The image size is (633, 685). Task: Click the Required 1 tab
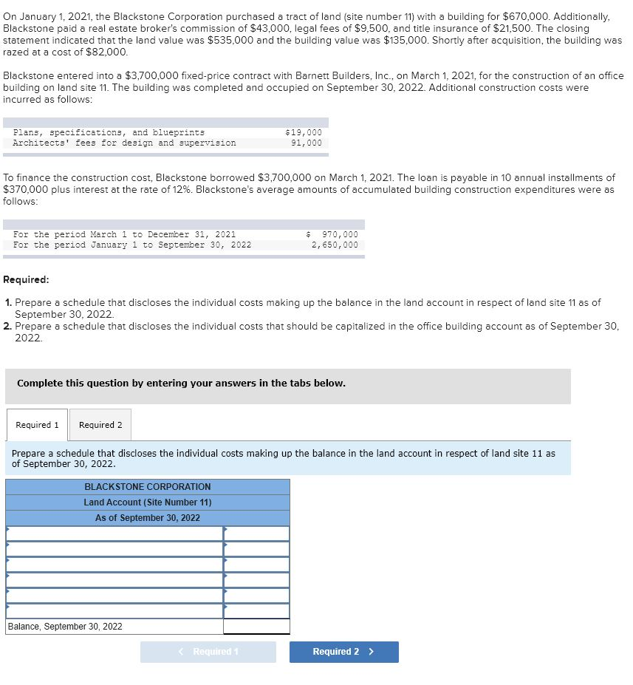click(x=37, y=425)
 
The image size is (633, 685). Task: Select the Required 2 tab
click(x=100, y=425)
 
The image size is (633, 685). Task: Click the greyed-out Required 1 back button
click(x=208, y=652)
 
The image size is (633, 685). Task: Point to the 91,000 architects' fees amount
click(x=307, y=143)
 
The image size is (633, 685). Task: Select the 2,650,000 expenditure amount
click(x=335, y=245)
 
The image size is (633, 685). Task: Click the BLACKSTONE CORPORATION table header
click(x=148, y=487)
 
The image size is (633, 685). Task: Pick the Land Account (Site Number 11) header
click(x=148, y=502)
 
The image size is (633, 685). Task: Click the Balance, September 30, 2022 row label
click(x=65, y=627)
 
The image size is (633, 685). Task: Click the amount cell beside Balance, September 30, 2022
click(x=256, y=627)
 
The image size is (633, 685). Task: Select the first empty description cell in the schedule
click(x=114, y=534)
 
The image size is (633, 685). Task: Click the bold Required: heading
click(x=27, y=280)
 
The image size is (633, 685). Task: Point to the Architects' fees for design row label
click(x=124, y=143)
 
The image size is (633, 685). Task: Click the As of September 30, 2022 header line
click(x=148, y=518)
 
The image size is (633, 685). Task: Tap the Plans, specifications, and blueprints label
click(x=109, y=132)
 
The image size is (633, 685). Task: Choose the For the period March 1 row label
click(x=124, y=234)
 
